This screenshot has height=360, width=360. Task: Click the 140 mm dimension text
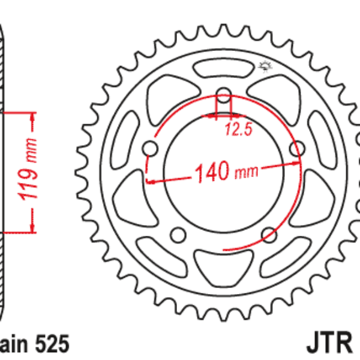[x=224, y=172]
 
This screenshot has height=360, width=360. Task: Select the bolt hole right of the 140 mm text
[x=296, y=148]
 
